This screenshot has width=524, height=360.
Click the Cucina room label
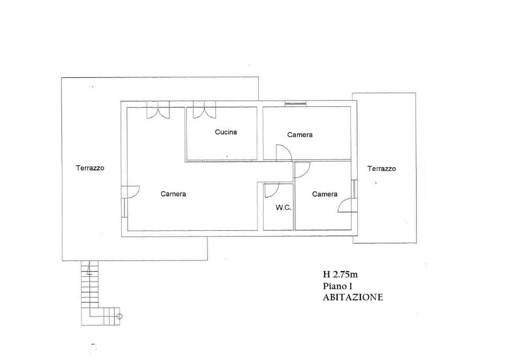click(x=226, y=132)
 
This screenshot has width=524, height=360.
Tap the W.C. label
click(x=283, y=208)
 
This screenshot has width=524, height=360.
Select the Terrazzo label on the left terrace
click(x=90, y=168)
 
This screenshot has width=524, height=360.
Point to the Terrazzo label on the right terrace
click(x=382, y=169)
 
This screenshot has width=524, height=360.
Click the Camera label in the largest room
click(x=173, y=194)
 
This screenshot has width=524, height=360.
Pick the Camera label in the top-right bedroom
click(x=300, y=134)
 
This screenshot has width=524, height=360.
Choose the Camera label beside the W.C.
click(x=324, y=194)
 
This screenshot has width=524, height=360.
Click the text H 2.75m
click(x=340, y=275)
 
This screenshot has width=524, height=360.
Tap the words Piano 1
click(x=338, y=286)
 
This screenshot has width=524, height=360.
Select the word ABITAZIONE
click(x=353, y=297)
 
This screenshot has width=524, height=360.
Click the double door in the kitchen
click(x=204, y=110)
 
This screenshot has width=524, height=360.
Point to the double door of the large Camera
click(x=158, y=110)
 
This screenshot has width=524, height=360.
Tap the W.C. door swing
click(x=272, y=190)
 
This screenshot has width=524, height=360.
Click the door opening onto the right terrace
click(x=347, y=204)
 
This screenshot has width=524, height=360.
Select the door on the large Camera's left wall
click(x=131, y=192)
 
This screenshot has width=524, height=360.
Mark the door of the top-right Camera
click(x=284, y=152)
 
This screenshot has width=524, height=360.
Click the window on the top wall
click(x=295, y=103)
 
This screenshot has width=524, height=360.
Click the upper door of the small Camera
click(x=302, y=170)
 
